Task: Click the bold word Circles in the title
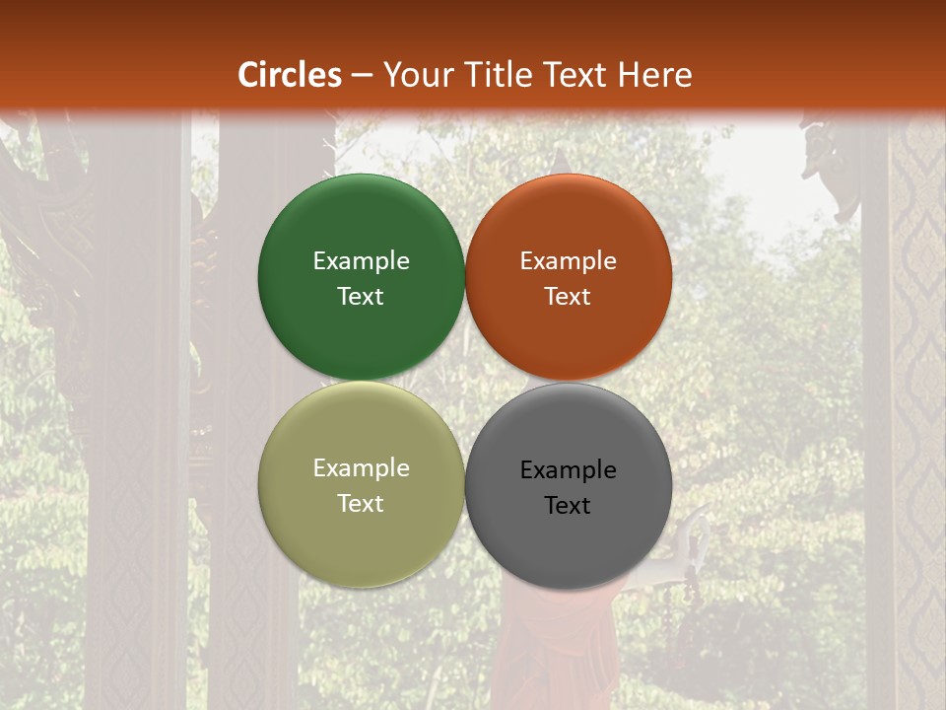[x=290, y=75]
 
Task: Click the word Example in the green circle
[x=361, y=261]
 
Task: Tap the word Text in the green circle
[x=361, y=297]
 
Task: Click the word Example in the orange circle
[x=568, y=261]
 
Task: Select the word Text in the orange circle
[x=568, y=297]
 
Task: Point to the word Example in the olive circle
[x=361, y=468]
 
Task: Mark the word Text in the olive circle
[x=361, y=504]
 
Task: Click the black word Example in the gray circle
[x=568, y=470]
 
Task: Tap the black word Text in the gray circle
[x=568, y=506]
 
